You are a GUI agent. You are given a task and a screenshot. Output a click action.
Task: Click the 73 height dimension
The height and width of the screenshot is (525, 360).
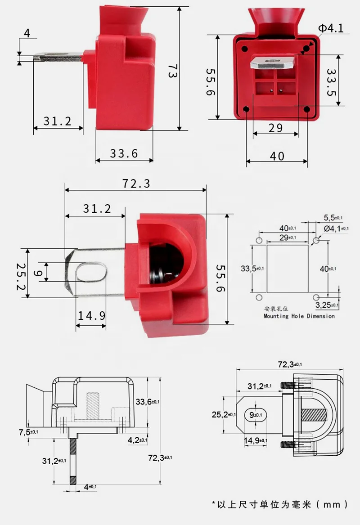coord(171,71)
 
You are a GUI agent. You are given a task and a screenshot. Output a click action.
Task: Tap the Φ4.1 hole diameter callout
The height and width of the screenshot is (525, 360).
coord(331,29)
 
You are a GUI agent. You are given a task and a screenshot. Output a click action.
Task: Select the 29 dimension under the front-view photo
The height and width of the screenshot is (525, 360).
coord(275,128)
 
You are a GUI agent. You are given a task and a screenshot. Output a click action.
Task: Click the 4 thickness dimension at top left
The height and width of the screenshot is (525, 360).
coord(27,33)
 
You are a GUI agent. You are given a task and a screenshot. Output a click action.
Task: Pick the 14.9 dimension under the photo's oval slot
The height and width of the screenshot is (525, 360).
coord(91,315)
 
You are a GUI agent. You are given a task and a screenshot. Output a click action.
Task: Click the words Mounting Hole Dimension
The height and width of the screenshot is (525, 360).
coord(299,316)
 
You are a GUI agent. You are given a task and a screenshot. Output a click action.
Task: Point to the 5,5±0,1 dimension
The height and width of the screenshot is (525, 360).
coord(333,217)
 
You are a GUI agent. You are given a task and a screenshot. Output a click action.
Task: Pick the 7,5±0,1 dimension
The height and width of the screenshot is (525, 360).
coord(28,432)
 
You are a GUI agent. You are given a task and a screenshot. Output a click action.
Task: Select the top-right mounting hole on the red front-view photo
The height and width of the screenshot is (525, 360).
coord(306,47)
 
